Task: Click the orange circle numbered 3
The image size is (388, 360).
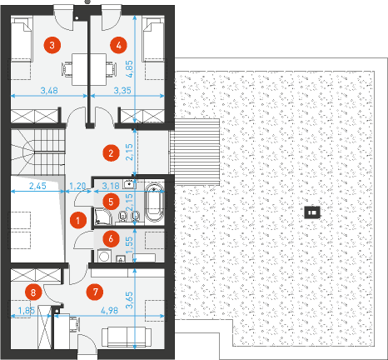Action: point(52,45)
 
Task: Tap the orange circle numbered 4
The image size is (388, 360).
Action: point(118,45)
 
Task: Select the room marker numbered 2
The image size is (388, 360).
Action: point(111,153)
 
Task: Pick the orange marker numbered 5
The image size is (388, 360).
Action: point(111,202)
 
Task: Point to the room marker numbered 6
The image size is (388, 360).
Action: point(111,238)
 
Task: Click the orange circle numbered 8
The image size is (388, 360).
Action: point(33,292)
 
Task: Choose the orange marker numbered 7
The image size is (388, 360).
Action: point(95,292)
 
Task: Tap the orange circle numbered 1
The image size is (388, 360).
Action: point(78,221)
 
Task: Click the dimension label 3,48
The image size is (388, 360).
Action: point(49,90)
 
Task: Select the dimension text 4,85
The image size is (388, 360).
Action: point(129,68)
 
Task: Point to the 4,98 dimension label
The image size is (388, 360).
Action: point(109,310)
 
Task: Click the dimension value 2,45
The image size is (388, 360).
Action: point(37,186)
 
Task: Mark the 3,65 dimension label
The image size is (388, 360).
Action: point(129,300)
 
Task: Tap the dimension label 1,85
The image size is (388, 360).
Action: point(27,310)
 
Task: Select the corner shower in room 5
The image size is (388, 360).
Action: point(103,217)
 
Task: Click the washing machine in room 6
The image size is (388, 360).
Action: point(104,256)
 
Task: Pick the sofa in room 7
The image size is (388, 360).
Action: point(127,337)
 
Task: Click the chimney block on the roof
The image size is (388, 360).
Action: point(312,212)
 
